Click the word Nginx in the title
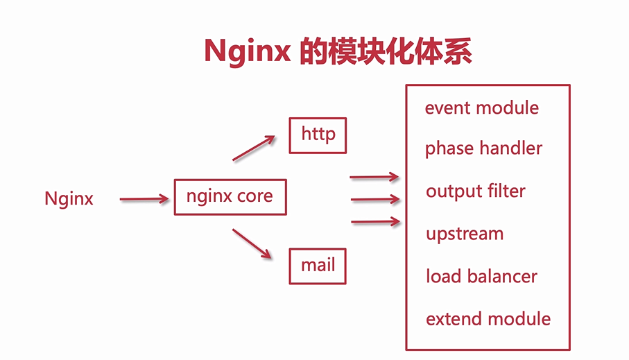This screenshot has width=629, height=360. point(247,52)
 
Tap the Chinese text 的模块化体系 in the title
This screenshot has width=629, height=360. point(386,51)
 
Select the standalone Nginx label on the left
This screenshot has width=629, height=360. point(69,199)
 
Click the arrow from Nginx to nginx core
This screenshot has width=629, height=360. point(144,199)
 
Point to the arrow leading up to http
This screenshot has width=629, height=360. point(254,148)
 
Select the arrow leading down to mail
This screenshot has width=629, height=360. point(252,243)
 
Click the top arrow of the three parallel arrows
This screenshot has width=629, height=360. point(374,177)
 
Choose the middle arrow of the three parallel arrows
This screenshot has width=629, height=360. point(375,199)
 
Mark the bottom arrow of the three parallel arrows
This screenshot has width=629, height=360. point(375,221)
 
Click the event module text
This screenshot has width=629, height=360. point(482,108)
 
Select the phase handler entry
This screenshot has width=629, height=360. point(484,148)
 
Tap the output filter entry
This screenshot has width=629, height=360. point(476,191)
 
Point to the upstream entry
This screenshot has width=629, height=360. point(465,234)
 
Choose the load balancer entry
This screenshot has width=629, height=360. point(481,276)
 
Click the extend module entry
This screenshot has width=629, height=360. point(488,318)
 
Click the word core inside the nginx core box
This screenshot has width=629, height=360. point(255,196)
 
